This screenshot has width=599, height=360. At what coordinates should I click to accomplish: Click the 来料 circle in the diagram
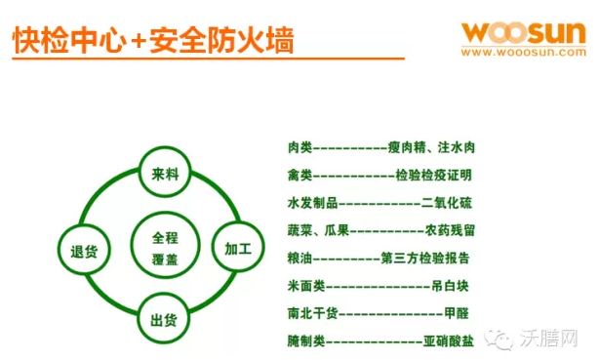point(164,175)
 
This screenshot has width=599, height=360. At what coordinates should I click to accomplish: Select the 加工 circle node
point(238,249)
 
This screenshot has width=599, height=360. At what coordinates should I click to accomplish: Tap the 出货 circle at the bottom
point(164,320)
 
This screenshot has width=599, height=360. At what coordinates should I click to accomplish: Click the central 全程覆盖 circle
point(164,247)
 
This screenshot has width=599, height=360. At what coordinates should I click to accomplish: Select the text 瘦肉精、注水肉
point(431,147)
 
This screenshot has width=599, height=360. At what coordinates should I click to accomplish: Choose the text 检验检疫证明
point(433,176)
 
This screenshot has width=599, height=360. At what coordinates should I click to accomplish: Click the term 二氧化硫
point(447,203)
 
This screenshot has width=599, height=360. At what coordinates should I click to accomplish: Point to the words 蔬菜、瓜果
point(318,231)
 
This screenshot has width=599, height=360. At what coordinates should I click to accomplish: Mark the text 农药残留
point(450,231)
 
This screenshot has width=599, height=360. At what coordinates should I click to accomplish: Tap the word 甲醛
point(456,314)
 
